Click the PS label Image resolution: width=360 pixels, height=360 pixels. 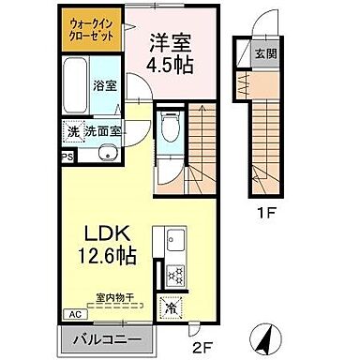[67, 157]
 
